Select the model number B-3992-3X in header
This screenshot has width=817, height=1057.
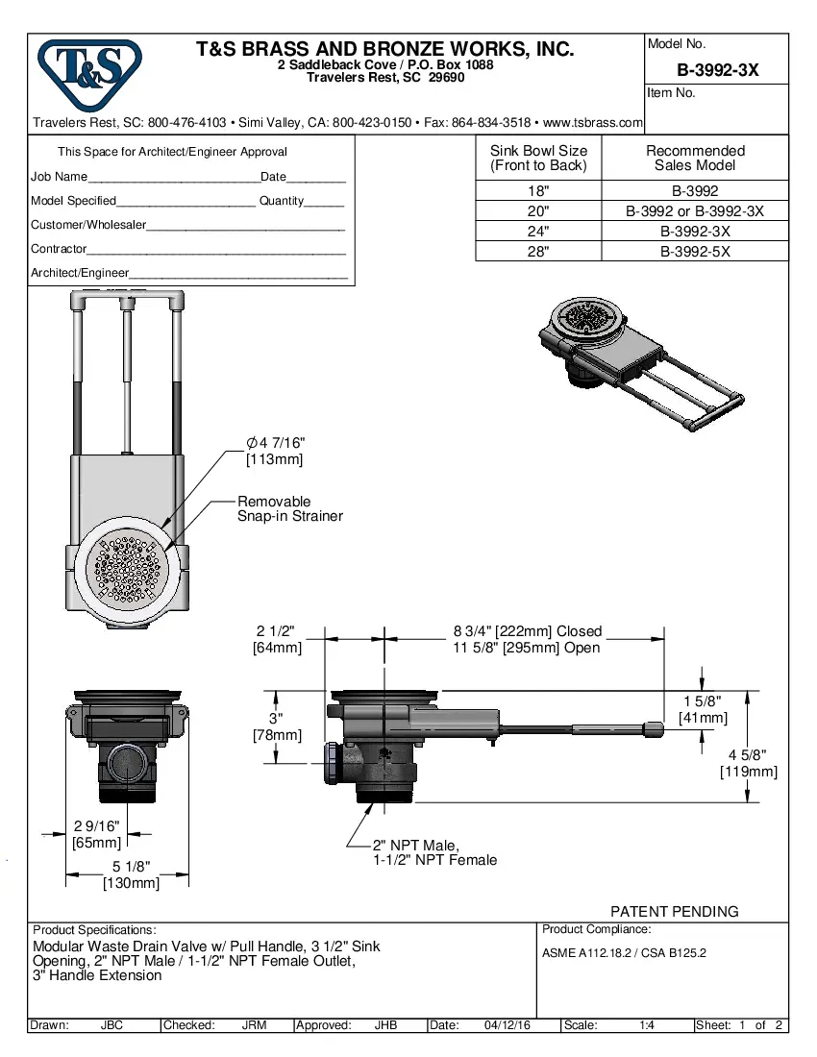pos(717,69)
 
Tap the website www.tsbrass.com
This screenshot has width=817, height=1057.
pos(592,123)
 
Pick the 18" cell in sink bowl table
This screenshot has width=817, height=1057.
pos(538,191)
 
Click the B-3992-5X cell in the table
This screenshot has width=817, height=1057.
pos(695,251)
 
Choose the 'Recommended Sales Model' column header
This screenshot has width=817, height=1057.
pos(695,158)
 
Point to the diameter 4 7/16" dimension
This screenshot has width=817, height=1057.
pos(275,451)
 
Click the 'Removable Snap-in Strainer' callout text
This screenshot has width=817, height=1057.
pos(289,508)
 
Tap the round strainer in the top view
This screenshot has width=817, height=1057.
pos(126,570)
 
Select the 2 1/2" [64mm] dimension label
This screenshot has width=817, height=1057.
pos(277,639)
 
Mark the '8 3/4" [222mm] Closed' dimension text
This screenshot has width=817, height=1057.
pos(528,631)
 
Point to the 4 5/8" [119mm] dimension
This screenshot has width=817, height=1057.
pos(748,763)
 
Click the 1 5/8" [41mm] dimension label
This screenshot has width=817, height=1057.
pos(703,709)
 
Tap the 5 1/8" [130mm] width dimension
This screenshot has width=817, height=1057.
pos(131,875)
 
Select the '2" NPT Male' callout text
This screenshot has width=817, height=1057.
pos(415,846)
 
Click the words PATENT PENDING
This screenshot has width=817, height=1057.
pos(675,911)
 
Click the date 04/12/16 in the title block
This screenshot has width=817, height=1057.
pos(508,1025)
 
